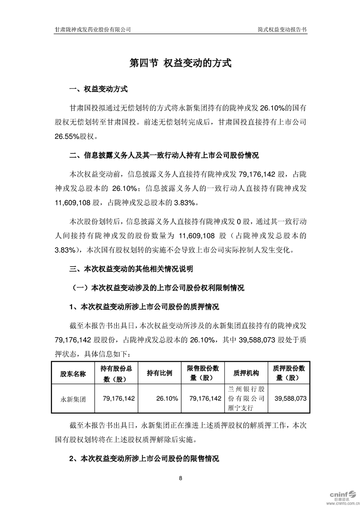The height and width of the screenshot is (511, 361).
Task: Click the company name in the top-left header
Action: click(x=93, y=29)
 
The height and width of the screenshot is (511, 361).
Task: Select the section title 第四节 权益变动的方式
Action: click(x=181, y=63)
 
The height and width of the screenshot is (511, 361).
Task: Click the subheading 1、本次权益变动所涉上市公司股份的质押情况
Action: click(x=144, y=308)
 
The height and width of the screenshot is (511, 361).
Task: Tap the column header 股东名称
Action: click(x=73, y=373)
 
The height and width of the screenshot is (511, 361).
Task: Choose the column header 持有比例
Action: click(x=159, y=373)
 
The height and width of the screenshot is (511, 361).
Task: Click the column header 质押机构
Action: click(x=246, y=373)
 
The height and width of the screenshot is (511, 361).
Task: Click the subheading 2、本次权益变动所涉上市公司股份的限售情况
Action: click(x=144, y=459)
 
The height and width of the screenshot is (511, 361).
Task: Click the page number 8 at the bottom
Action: click(x=181, y=478)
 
